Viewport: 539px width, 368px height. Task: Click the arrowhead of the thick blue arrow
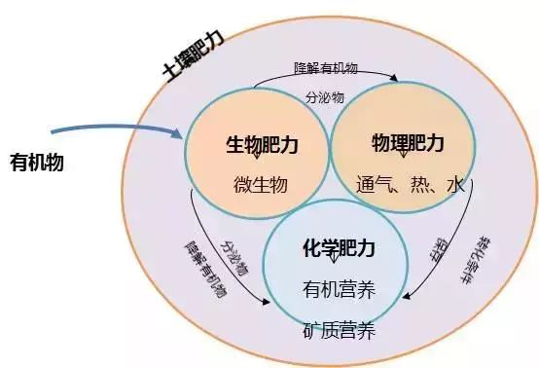pyautogui.click(x=178, y=135)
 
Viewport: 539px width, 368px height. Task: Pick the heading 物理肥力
pyautogui.click(x=408, y=144)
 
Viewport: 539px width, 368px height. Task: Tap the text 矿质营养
pyautogui.click(x=338, y=332)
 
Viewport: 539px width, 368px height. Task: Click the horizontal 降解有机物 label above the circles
pyautogui.click(x=326, y=69)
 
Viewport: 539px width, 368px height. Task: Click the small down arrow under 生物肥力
pyautogui.click(x=256, y=155)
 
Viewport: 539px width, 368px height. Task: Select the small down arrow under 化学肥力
pyautogui.click(x=338, y=258)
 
